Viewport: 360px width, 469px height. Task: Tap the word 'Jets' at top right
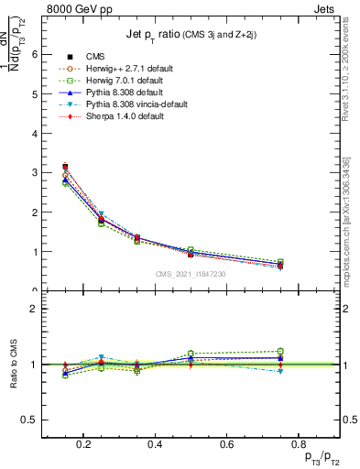pyautogui.click(x=326, y=6)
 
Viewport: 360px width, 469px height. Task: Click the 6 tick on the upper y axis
pyautogui.click(x=36, y=54)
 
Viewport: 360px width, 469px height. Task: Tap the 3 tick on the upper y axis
pyautogui.click(x=36, y=172)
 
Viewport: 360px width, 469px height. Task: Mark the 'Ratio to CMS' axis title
pyautogui.click(x=15, y=365)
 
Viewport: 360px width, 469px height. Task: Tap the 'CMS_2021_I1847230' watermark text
pyautogui.click(x=190, y=273)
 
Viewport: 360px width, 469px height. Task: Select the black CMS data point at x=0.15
pyautogui.click(x=65, y=167)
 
